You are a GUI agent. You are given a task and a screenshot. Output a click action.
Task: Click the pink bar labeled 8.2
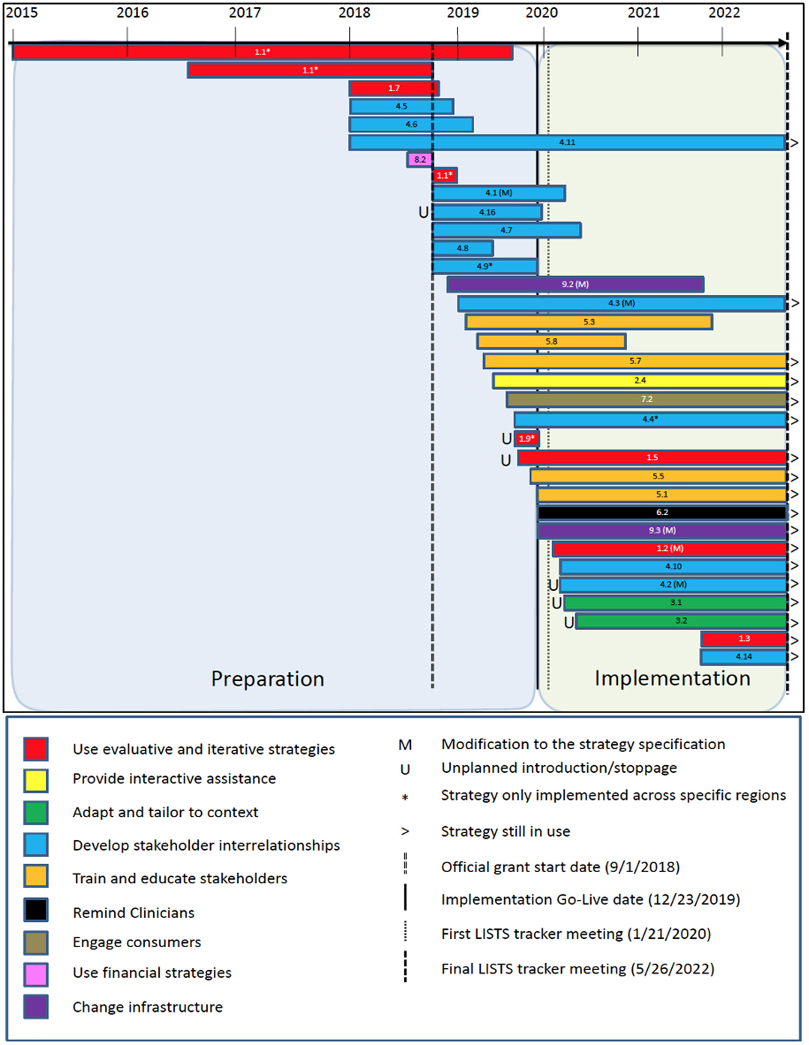pyautogui.click(x=420, y=159)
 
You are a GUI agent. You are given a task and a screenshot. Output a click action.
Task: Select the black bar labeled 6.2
pyautogui.click(x=662, y=512)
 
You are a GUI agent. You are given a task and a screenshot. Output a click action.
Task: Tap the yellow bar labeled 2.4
pyautogui.click(x=640, y=381)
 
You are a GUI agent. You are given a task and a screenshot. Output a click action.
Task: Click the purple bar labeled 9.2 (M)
pyautogui.click(x=575, y=284)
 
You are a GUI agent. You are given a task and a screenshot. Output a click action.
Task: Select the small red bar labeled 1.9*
pyautogui.click(x=526, y=438)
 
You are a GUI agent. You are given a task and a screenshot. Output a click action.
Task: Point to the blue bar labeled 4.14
pyautogui.click(x=743, y=657)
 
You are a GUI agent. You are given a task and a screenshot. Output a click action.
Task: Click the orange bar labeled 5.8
pyautogui.click(x=551, y=342)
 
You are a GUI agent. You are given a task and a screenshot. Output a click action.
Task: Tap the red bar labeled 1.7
pyautogui.click(x=394, y=88)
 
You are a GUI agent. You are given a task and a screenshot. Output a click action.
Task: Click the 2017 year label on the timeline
pyautogui.click(x=245, y=13)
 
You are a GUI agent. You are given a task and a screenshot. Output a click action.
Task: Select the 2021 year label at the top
pyautogui.click(x=643, y=13)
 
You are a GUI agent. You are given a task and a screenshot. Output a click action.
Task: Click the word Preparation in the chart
pyautogui.click(x=268, y=679)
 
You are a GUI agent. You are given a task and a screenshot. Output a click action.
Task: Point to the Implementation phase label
pyautogui.click(x=672, y=679)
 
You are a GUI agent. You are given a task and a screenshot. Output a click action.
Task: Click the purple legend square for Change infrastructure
pyautogui.click(x=36, y=1006)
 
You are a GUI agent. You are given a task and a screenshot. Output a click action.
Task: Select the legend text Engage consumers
pyautogui.click(x=137, y=942)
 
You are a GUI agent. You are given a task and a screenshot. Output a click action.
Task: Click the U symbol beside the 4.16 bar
pyautogui.click(x=423, y=212)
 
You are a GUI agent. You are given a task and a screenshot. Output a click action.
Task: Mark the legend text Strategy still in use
pyautogui.click(x=505, y=831)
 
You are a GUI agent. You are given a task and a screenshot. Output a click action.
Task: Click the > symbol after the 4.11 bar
pyautogui.click(x=794, y=142)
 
